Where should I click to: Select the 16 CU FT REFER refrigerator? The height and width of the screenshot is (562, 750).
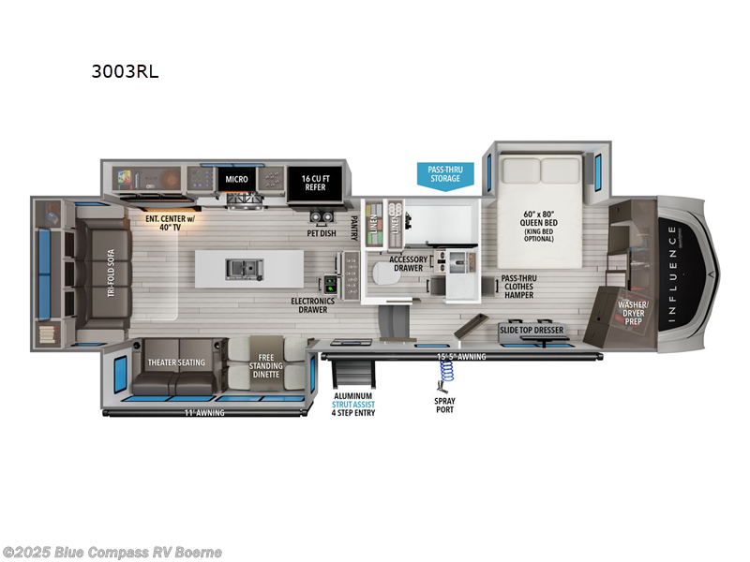coord(314,182)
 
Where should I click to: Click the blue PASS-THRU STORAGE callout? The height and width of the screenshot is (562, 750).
coord(445,174)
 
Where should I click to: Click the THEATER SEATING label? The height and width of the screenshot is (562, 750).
coord(175,361)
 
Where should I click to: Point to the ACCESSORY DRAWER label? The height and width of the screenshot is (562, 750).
coord(409,265)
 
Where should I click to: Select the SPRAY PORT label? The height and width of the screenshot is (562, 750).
coord(445,406)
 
